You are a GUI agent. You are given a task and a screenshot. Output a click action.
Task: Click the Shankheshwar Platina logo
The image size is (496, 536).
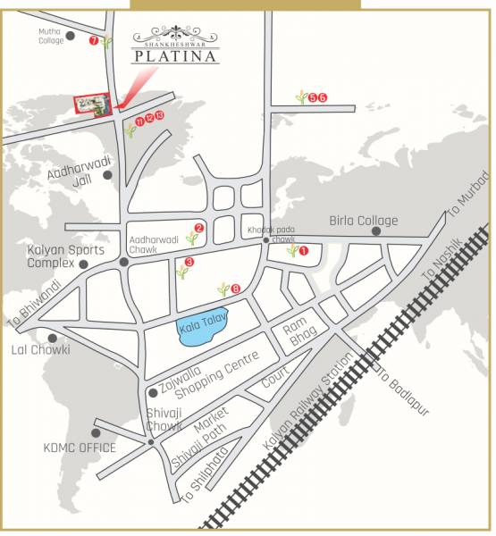175,48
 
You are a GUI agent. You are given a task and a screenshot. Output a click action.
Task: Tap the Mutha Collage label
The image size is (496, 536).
50,36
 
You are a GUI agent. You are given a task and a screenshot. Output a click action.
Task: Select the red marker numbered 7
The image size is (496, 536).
94,41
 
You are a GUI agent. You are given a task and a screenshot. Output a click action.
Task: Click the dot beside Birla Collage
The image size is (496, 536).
376,231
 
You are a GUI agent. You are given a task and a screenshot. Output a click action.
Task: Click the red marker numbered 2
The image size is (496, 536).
199,228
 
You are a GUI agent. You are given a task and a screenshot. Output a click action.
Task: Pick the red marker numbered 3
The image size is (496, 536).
189,263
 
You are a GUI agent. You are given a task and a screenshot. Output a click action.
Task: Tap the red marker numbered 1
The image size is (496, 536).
304,252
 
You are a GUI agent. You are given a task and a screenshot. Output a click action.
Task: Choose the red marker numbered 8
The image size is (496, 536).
236,289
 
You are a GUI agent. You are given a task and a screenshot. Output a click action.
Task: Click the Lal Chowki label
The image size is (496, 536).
39,349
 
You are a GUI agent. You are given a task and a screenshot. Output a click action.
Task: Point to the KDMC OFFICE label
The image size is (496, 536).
80,448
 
